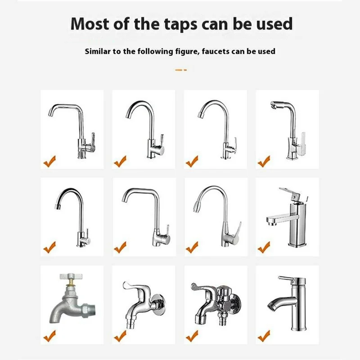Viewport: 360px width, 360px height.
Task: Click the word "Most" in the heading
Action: pyautogui.click(x=90, y=24)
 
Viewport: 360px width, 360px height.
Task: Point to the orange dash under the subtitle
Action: pyautogui.click(x=181, y=70)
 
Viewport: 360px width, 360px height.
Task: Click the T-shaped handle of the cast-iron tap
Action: pyautogui.click(x=69, y=276)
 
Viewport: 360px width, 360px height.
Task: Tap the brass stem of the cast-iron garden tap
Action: pyautogui.click(x=70, y=283)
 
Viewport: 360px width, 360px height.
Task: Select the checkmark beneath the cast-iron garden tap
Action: pyautogui.click(x=49, y=336)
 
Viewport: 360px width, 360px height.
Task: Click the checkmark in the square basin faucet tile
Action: pyautogui.click(x=264, y=247)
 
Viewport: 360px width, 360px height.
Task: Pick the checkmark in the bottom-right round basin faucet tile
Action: pyautogui.click(x=264, y=336)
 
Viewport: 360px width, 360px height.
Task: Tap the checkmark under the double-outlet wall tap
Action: pyautogui.click(x=192, y=336)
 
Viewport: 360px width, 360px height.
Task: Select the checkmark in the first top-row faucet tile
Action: pyautogui.click(x=49, y=161)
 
